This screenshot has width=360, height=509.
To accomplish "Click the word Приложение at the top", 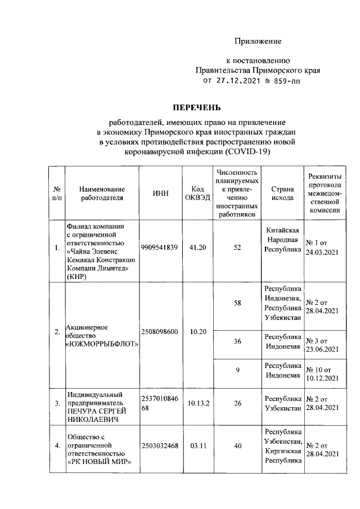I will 258,41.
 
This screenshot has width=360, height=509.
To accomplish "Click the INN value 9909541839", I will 160,247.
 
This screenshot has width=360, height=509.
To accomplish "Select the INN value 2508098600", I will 160,332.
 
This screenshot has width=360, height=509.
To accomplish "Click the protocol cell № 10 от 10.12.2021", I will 322,373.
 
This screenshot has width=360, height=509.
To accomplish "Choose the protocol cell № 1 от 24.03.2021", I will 322,247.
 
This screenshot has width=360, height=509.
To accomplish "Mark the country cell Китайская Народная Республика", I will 283,240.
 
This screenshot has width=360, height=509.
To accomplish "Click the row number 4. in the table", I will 56,447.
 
